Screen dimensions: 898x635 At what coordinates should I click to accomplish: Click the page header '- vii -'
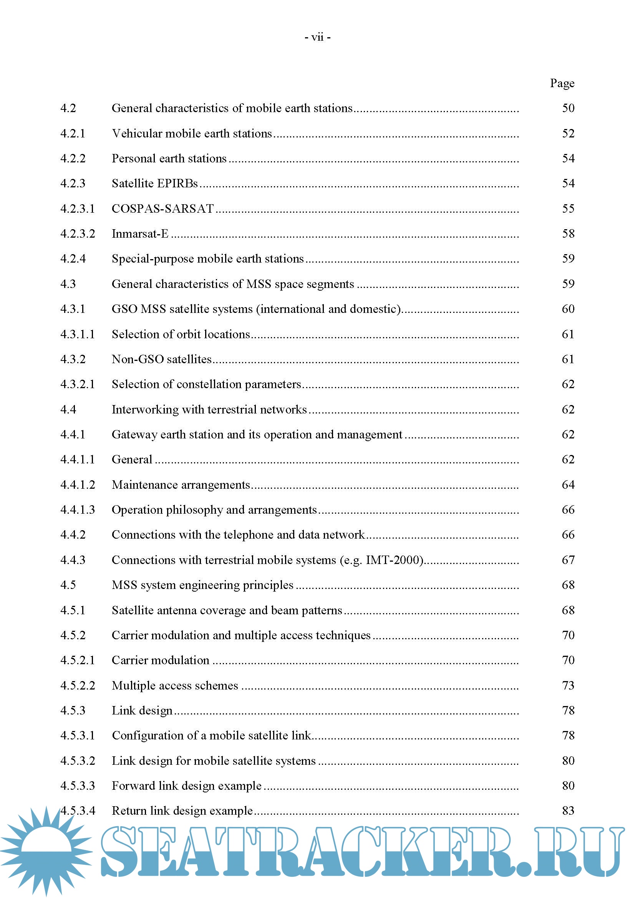317,37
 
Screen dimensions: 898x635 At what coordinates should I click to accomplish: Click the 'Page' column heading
562,83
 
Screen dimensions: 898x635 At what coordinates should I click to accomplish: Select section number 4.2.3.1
78,208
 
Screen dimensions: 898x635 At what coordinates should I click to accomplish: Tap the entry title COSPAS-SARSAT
163,208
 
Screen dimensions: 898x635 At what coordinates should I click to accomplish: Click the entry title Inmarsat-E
140,233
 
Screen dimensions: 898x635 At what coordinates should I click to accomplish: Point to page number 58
568,233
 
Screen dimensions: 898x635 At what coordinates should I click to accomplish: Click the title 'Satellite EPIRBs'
155,184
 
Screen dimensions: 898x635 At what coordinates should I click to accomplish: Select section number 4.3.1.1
78,334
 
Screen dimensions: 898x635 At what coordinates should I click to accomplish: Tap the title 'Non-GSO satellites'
162,359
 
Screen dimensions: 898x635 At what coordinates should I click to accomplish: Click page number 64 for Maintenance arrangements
568,485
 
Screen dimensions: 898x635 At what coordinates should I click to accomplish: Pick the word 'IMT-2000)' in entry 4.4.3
395,560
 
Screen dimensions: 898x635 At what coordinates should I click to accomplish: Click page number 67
568,560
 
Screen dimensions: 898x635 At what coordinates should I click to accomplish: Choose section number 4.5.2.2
78,685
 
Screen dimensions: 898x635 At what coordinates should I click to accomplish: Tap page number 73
568,685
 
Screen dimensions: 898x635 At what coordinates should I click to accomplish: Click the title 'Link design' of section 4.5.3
142,710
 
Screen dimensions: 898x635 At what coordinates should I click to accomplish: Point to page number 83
568,810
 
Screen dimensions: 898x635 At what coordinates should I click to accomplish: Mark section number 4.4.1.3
78,509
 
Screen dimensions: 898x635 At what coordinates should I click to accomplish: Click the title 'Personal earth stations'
169,159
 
